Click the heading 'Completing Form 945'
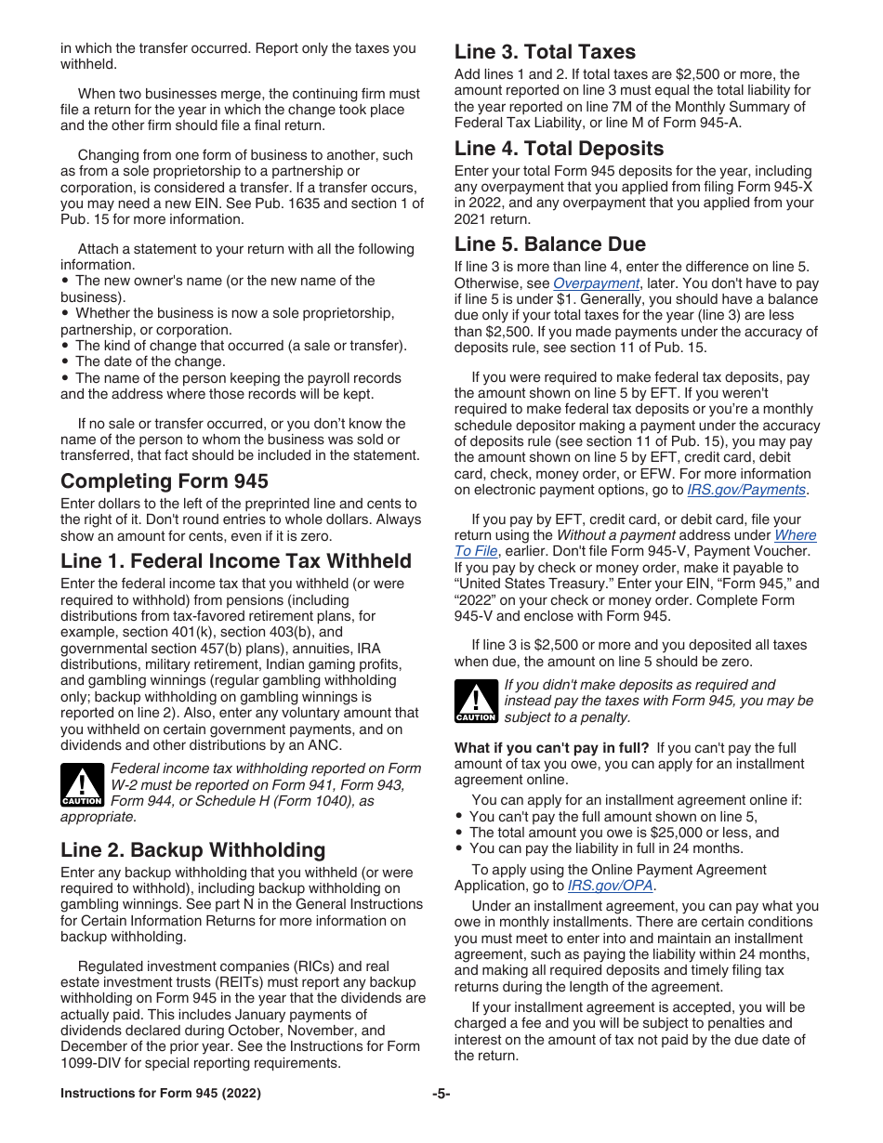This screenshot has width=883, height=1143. pyautogui.click(x=165, y=480)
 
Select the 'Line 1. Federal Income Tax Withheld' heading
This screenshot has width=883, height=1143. pyautogui.click(x=236, y=560)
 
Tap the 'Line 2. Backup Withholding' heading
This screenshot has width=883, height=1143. pyautogui.click(x=193, y=849)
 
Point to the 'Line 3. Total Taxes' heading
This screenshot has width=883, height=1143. pyautogui.click(x=545, y=52)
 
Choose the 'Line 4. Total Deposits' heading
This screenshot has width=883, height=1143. pyautogui.click(x=559, y=149)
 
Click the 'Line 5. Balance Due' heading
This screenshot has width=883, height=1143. pyautogui.click(x=549, y=244)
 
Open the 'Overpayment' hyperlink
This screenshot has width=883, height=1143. pyautogui.click(x=596, y=283)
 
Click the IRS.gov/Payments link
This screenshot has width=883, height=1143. pyautogui.click(x=746, y=490)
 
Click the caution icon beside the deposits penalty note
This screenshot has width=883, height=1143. pyautogui.click(x=475, y=702)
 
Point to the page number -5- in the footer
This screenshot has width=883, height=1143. pyautogui.click(x=441, y=1094)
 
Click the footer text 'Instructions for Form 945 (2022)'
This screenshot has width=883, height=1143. pyautogui.click(x=161, y=1094)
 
